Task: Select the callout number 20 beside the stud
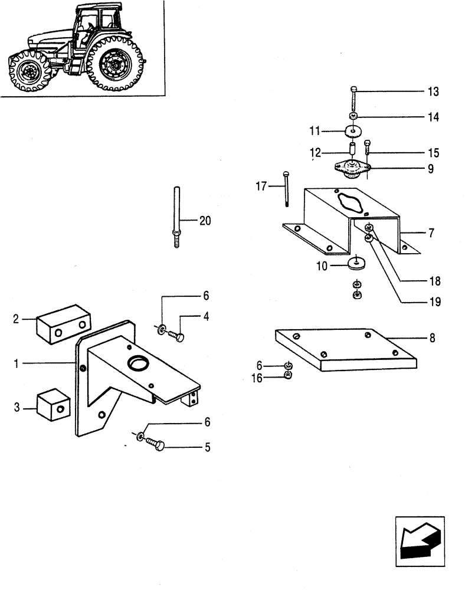pos(204,221)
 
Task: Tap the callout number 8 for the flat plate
pos(433,339)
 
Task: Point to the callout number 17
pos(261,186)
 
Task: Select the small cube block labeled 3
pos(53,406)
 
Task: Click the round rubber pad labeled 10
pos(356,263)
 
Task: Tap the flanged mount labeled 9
pos(352,169)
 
